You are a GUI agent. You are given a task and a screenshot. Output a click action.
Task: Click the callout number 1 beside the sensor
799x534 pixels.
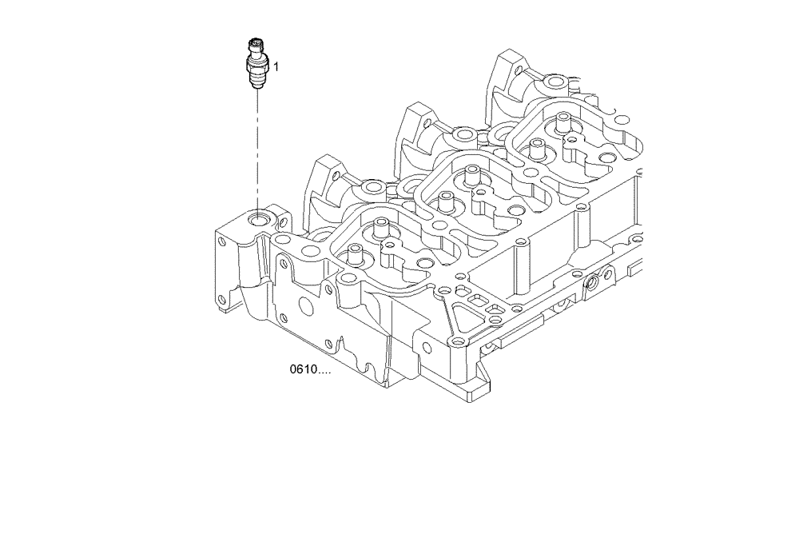[x=276, y=67]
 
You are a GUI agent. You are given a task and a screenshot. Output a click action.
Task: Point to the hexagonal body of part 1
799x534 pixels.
[x=256, y=64]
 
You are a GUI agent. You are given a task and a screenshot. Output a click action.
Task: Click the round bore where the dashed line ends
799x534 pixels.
[x=259, y=217]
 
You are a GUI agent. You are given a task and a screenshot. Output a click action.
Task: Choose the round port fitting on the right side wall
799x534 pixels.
[x=592, y=284]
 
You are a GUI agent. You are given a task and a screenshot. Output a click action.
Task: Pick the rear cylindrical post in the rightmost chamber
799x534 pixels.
[x=562, y=121]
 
